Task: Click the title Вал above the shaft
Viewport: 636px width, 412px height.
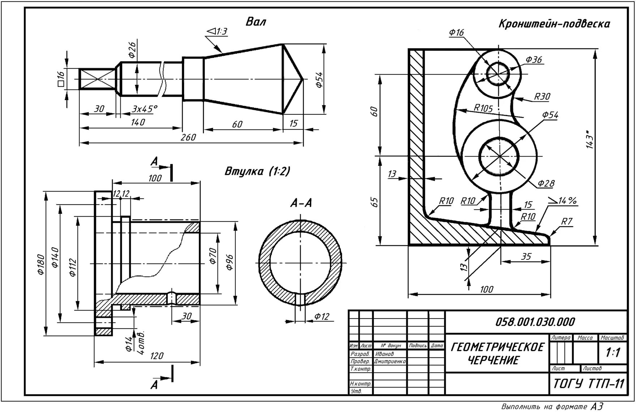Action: click(x=256, y=22)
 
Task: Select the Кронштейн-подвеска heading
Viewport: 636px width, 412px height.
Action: click(x=554, y=24)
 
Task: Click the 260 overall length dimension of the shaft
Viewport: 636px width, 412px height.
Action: click(x=188, y=137)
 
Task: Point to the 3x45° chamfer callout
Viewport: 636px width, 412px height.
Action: click(x=145, y=109)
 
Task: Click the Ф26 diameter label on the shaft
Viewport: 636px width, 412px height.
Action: click(x=132, y=50)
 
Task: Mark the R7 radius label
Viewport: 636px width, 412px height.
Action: click(x=567, y=221)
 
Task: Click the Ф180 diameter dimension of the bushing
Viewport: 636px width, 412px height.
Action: click(x=40, y=264)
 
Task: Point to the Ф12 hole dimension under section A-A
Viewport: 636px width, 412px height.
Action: click(x=322, y=317)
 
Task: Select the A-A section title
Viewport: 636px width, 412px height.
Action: click(x=301, y=204)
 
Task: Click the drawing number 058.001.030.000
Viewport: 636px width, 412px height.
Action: click(x=535, y=321)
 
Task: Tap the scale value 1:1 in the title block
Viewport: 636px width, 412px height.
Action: click(x=613, y=352)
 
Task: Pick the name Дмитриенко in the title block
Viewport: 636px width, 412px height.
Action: click(x=390, y=361)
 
